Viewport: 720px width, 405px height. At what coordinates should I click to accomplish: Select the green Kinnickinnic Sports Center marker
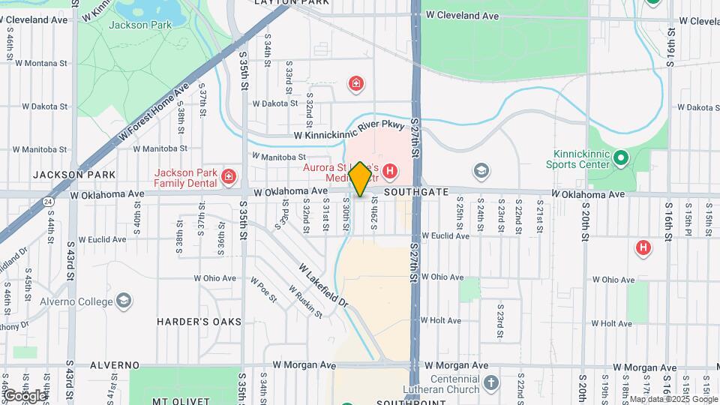point(619,158)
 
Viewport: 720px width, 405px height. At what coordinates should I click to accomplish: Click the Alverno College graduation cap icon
point(124,301)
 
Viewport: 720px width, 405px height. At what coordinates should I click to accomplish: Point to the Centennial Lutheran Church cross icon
point(490,383)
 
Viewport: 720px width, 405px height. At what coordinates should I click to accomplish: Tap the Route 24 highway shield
point(49,202)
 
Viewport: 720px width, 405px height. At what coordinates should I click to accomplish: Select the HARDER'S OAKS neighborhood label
point(199,322)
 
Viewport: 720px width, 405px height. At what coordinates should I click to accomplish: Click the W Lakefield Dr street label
point(324,285)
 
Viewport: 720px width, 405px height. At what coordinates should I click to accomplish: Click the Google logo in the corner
point(24,395)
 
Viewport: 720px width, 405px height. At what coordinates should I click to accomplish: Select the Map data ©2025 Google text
point(673,399)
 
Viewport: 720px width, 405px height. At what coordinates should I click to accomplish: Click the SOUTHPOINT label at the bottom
point(402,402)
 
